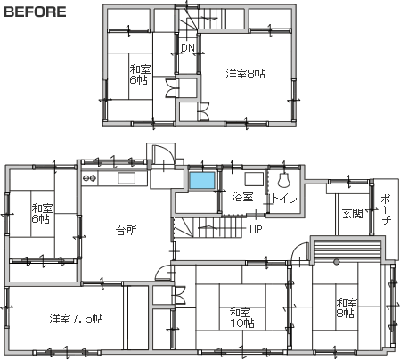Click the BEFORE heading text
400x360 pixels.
tap(35, 12)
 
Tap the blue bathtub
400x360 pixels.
tap(202, 180)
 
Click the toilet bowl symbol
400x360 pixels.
tap(283, 180)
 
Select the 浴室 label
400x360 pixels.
tap(242, 197)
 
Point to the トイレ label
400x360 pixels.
tap(284, 199)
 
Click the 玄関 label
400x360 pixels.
tap(353, 213)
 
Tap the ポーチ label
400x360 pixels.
tap(386, 209)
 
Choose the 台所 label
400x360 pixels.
tap(127, 230)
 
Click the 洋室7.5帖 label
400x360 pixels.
tap(76, 319)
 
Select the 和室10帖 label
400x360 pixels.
tap(242, 317)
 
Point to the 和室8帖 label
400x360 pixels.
tap(347, 308)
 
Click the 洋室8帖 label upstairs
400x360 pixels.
tap(245, 74)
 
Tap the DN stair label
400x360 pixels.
tap(188, 47)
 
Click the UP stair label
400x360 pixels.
tap(256, 229)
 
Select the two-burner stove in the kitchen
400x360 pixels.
tap(90, 178)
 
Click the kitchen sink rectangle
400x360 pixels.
tap(127, 178)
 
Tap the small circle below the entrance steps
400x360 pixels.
tap(336, 262)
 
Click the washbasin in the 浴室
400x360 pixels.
tap(254, 179)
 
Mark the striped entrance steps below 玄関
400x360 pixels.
tap(347, 250)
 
